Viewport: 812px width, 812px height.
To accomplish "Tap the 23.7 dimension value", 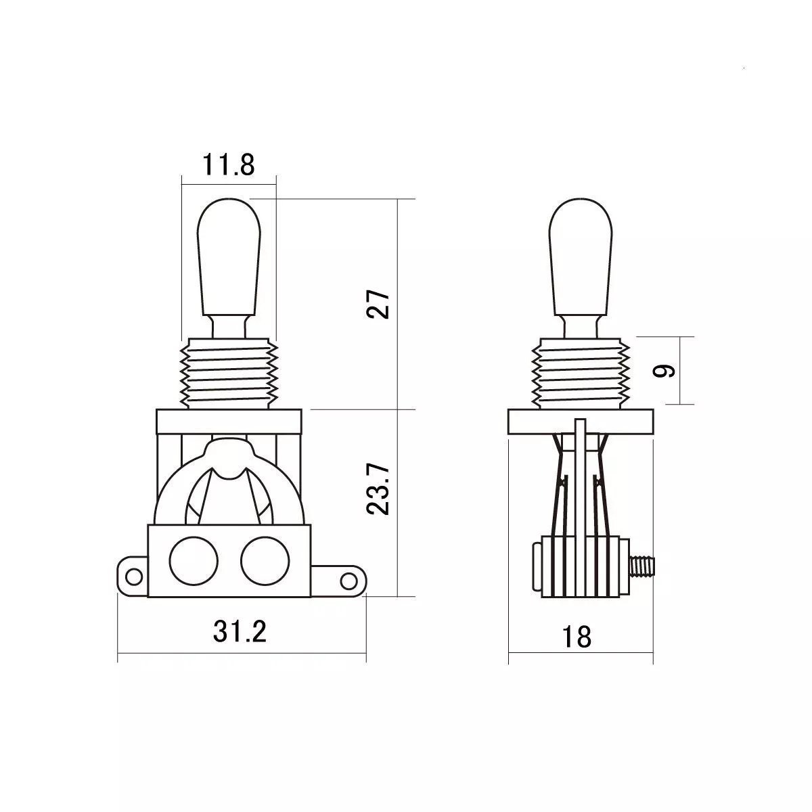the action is (378, 490).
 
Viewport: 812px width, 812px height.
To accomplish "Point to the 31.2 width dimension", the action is (240, 631).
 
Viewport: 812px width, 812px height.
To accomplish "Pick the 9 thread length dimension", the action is (664, 370).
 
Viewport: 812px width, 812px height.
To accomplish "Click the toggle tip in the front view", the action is (229, 257).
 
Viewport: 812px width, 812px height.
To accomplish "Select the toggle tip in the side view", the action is (581, 257).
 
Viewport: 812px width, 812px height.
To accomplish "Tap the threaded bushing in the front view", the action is (229, 374).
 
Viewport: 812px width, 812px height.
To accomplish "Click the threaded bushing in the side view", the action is (581, 374).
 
